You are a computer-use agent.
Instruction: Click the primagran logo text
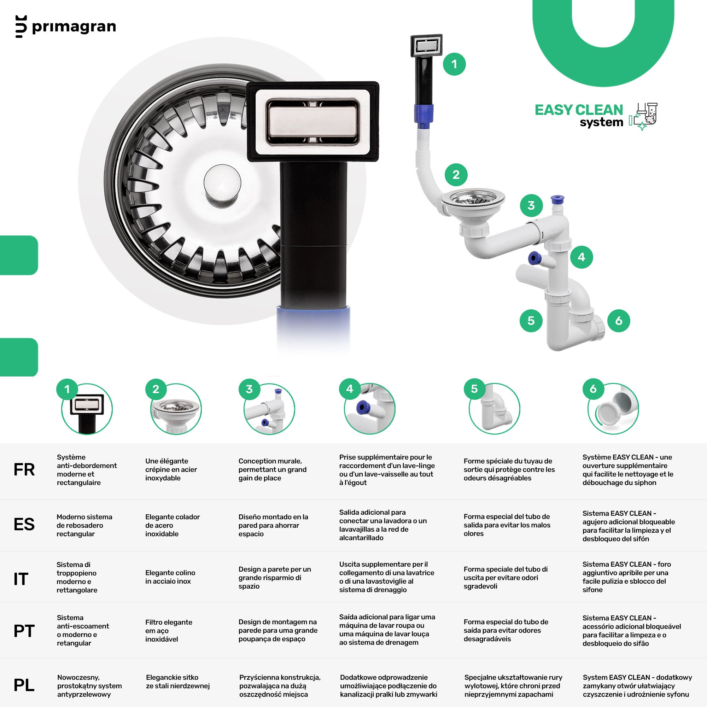(74, 27)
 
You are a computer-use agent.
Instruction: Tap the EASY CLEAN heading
(579, 110)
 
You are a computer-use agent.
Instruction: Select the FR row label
(24, 469)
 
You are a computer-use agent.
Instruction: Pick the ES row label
(24, 524)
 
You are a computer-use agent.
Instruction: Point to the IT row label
(21, 579)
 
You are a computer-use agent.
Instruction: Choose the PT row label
(24, 631)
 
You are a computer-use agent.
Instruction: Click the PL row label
(24, 685)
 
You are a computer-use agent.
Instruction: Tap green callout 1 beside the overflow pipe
(454, 64)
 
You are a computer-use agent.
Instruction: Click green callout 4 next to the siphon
(582, 257)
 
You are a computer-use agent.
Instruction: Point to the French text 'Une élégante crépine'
(171, 465)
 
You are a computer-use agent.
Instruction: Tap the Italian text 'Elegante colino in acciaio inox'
(170, 577)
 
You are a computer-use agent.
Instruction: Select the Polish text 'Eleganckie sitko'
(172, 677)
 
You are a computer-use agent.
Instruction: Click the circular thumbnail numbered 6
(613, 409)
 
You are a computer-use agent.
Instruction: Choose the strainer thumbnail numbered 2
(176, 409)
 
